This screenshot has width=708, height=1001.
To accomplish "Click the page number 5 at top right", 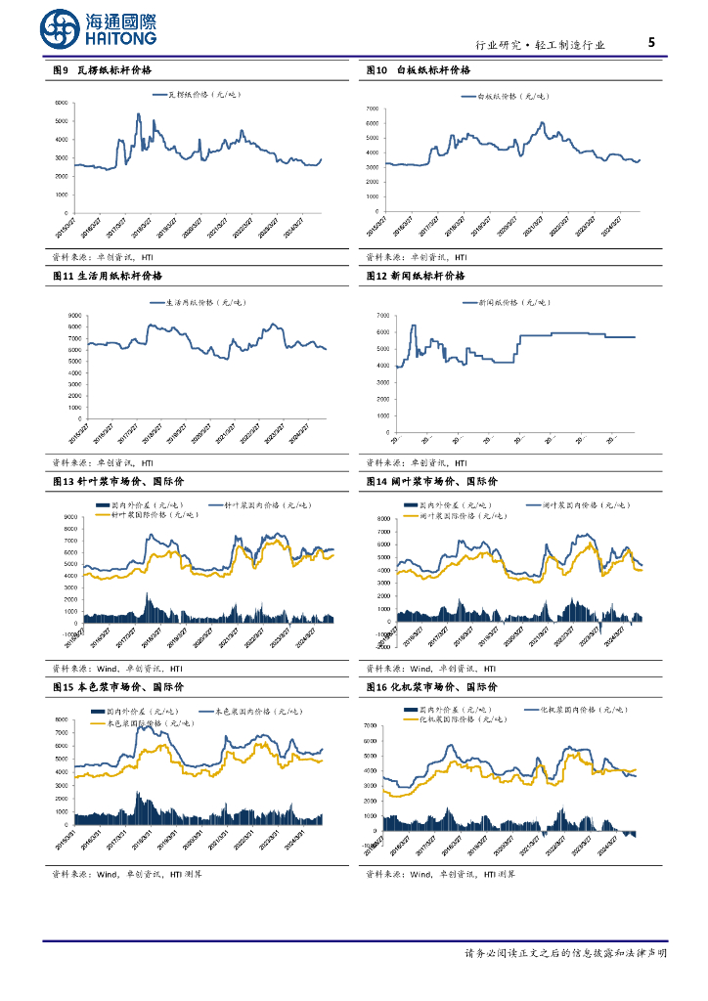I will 652,42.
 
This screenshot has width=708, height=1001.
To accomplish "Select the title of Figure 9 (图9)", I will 109,70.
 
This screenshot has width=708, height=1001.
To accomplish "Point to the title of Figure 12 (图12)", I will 416,277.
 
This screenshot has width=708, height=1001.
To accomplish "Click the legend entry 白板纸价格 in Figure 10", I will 513,96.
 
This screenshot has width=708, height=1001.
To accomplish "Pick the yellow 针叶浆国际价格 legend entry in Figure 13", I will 148,514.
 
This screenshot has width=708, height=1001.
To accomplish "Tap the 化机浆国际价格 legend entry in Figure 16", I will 457,718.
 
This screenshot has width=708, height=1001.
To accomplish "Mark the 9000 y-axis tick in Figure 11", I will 73,316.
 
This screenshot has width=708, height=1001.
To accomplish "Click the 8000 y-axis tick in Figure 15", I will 61,719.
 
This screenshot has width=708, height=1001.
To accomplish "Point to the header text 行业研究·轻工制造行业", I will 540,45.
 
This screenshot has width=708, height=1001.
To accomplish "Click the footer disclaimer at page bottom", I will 564,952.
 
